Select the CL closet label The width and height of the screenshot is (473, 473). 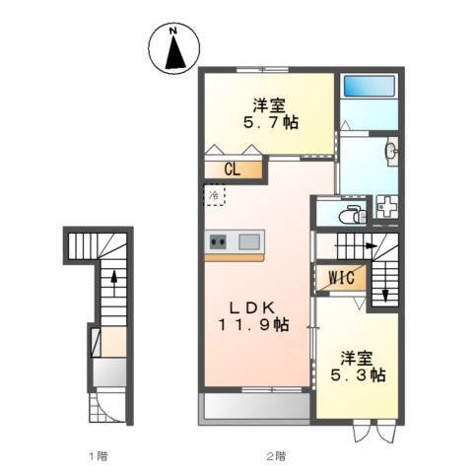click(232, 169)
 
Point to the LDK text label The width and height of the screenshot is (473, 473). click(252, 304)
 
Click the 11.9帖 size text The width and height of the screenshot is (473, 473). click(253, 324)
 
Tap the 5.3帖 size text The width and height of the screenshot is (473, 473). click(362, 375)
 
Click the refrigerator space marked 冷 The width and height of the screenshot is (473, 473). click(215, 195)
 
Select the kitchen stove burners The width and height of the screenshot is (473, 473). click(218, 241)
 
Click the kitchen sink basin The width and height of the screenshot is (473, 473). click(248, 241)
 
